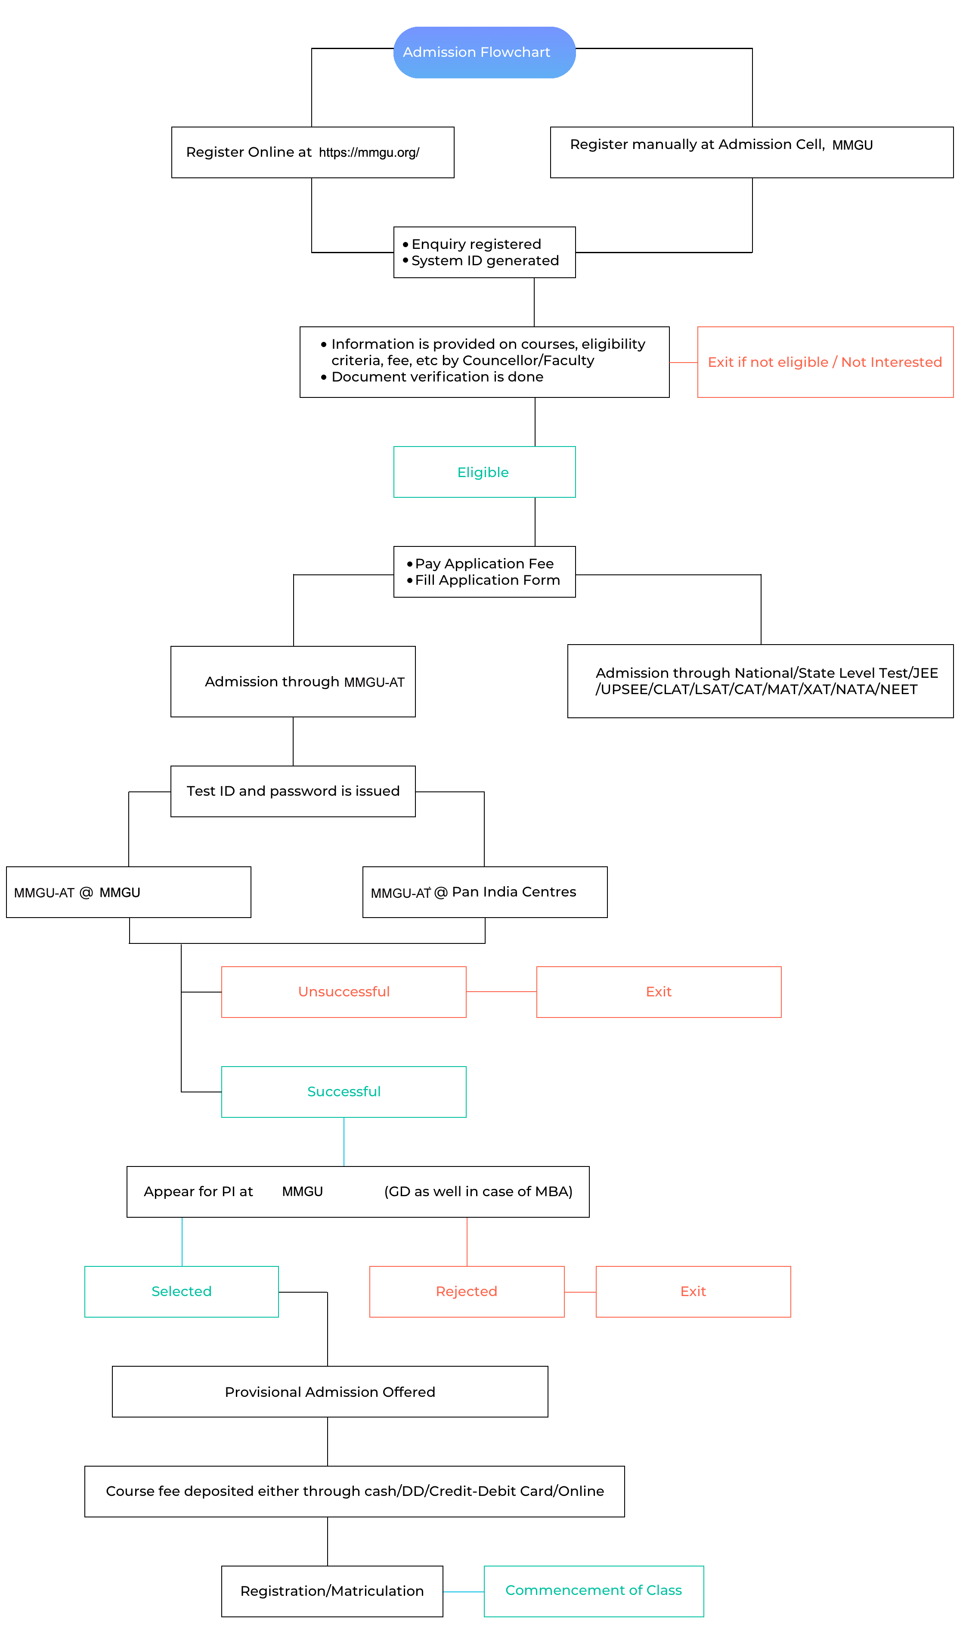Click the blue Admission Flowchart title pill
(x=484, y=52)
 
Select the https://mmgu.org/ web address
(x=369, y=153)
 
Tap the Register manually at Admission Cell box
(x=752, y=152)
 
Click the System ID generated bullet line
(x=481, y=261)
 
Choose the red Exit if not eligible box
(x=825, y=362)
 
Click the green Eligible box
(x=484, y=471)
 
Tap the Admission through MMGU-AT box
(x=293, y=682)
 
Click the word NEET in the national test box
(x=899, y=689)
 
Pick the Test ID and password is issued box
(x=293, y=791)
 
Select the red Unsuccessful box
(x=344, y=992)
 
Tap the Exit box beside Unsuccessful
(x=659, y=992)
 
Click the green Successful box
(x=344, y=1092)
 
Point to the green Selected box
(x=181, y=1292)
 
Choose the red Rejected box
(x=466, y=1292)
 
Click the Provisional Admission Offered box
(x=330, y=1392)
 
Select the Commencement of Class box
(x=594, y=1591)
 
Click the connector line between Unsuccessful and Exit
(x=502, y=992)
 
